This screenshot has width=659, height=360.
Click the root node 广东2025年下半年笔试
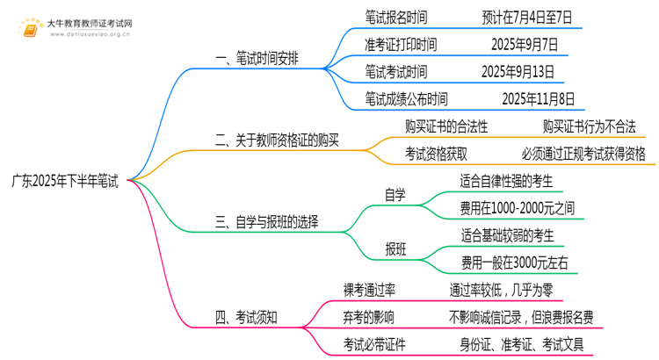(65, 181)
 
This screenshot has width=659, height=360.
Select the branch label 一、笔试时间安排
(257, 58)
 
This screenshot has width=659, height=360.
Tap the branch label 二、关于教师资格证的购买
(277, 140)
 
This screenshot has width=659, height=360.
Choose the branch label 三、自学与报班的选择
(267, 222)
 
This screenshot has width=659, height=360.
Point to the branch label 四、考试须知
(246, 318)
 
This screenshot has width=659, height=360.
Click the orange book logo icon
(30, 29)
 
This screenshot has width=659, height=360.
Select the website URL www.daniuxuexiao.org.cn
(91, 34)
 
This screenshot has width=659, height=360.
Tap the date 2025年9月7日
(525, 45)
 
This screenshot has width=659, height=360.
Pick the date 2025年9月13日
(518, 72)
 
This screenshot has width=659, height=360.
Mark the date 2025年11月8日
(539, 99)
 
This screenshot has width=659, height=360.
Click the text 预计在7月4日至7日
(527, 18)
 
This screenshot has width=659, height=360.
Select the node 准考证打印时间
(401, 45)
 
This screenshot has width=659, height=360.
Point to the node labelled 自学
(395, 195)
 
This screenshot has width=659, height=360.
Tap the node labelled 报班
(395, 249)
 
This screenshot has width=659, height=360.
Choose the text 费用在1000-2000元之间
(518, 208)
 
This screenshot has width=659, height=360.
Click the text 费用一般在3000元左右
(515, 263)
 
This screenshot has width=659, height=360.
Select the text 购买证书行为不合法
(590, 126)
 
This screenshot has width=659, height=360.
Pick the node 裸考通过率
(369, 291)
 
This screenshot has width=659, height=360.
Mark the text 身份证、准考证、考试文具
(522, 345)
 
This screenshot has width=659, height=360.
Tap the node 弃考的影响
(368, 318)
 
